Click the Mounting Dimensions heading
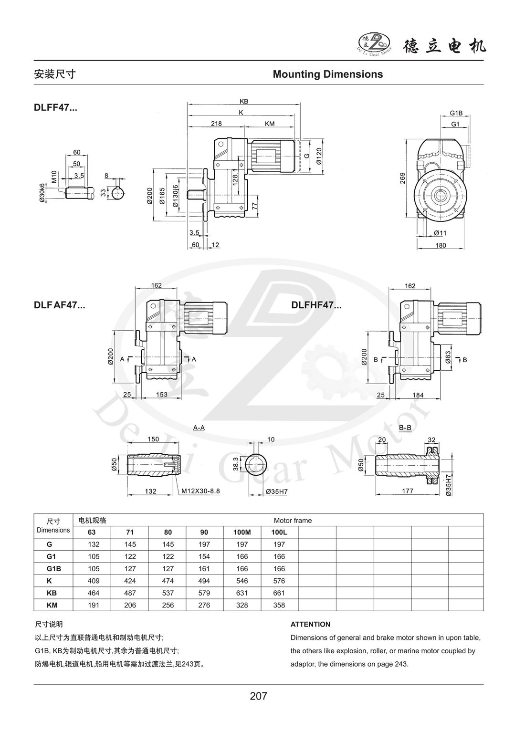pos(327,74)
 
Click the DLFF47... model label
pos(55,108)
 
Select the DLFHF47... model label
pos(316,305)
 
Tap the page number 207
pos(258,696)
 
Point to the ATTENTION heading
pos(310,624)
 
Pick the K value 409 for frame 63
pos(92,581)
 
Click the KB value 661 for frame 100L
pos(279,593)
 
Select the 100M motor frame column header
pos(241,532)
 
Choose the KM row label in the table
pos(53,605)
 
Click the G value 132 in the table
pos(92,544)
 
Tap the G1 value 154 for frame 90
pos(204,556)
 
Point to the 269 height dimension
pos(403,178)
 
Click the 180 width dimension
pos(441,245)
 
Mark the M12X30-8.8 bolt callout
pos(200,491)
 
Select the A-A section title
pos(199,428)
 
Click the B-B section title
pos(405,428)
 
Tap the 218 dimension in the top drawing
pos(216,124)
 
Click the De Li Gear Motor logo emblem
pos(374,42)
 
